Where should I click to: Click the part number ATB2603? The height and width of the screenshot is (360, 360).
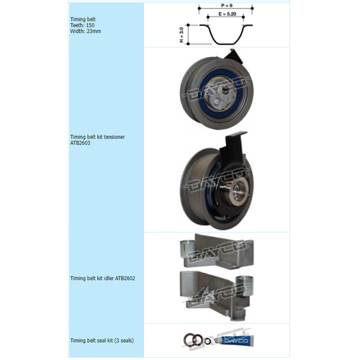tap(81, 143)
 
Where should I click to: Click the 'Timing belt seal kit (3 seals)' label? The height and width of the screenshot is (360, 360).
tap(102, 340)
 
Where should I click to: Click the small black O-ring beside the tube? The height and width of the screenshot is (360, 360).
tap(207, 341)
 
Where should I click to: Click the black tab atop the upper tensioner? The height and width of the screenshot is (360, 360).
tap(233, 56)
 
